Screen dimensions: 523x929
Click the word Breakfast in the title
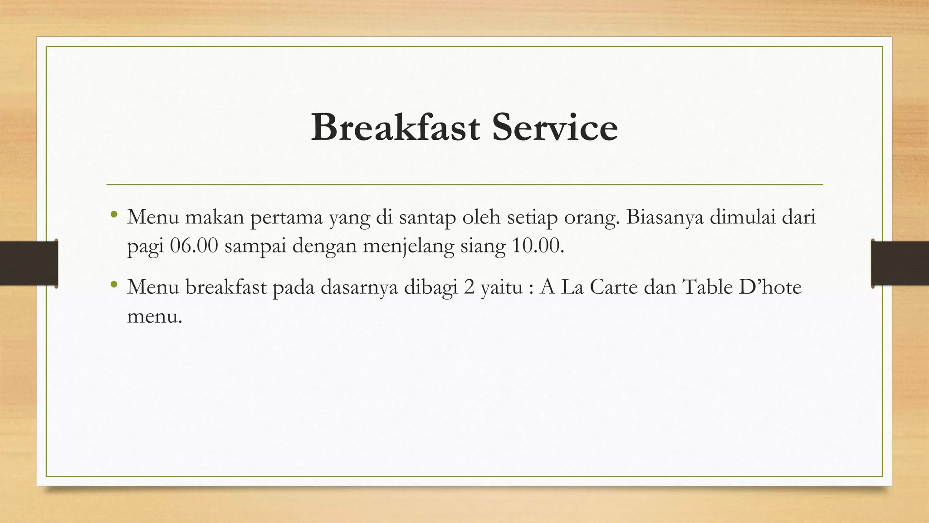point(395,128)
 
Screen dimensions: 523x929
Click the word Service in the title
point(555,128)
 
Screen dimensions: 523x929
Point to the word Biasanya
point(665,217)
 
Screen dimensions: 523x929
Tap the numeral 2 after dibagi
point(469,287)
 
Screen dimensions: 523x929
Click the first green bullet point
point(114,214)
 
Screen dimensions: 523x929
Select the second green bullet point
point(114,285)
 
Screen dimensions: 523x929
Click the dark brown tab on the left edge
point(29,263)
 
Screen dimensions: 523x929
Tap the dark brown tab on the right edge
point(900,263)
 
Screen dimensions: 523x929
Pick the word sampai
point(255,247)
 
